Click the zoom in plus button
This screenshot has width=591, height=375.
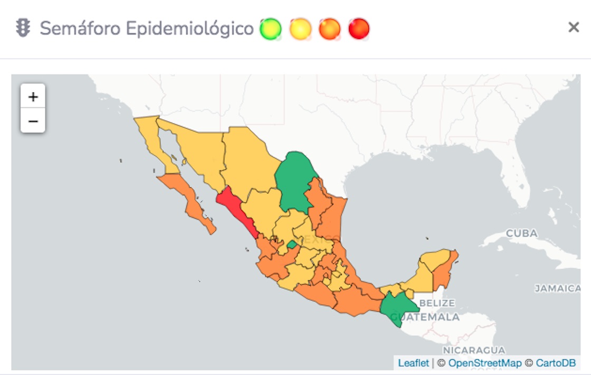click(x=33, y=97)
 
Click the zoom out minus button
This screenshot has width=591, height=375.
click(x=33, y=121)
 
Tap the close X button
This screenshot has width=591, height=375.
click(x=574, y=27)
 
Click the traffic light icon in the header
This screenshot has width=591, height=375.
click(x=23, y=28)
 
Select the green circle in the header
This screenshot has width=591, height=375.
click(x=271, y=29)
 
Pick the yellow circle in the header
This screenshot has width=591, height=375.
click(x=300, y=29)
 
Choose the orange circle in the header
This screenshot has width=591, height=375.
click(x=330, y=29)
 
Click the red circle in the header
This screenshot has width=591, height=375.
click(x=359, y=29)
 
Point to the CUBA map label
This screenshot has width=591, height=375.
click(x=521, y=233)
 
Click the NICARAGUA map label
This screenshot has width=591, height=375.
click(x=473, y=350)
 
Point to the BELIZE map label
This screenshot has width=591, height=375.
click(x=437, y=303)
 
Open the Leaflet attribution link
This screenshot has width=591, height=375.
click(x=413, y=363)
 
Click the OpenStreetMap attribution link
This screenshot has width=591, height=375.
click(x=484, y=363)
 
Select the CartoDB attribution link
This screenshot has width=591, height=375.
click(x=556, y=363)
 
